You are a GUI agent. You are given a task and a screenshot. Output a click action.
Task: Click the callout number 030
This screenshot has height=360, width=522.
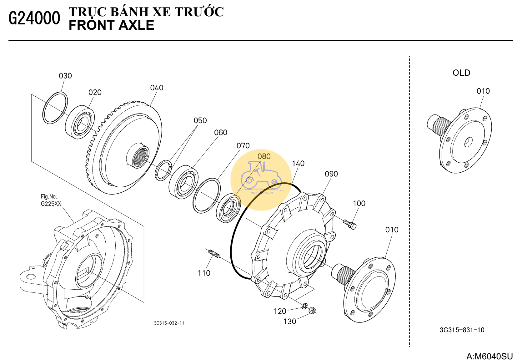tap(65, 76)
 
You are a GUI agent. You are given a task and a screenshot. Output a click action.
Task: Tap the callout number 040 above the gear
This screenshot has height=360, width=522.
tap(157, 88)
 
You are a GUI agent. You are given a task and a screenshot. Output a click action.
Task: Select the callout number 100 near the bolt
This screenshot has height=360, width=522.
tap(359, 203)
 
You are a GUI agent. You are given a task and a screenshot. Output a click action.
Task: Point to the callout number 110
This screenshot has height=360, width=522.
tap(204, 273)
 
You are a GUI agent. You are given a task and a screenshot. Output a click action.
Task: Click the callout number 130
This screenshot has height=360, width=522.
tap(290, 322)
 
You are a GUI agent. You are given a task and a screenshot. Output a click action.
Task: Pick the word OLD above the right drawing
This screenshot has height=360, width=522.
tap(461, 73)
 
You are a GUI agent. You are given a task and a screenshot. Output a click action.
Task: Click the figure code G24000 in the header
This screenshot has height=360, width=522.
tap(34, 18)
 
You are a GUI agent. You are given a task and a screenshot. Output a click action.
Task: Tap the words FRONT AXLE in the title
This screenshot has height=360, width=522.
tap(111, 25)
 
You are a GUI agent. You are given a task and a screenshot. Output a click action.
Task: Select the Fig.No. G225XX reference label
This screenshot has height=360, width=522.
tap(51, 200)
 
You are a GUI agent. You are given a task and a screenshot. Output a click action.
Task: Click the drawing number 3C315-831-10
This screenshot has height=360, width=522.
tap(462, 330)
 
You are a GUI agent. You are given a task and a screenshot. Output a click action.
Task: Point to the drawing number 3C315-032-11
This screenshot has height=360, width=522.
tap(169, 323)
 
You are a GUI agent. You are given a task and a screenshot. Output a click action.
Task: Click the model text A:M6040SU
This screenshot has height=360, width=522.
tap(489, 356)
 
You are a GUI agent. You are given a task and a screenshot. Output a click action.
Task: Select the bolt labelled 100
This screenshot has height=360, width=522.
tap(350, 224)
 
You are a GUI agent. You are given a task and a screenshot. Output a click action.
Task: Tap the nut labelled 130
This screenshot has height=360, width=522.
tap(312, 311)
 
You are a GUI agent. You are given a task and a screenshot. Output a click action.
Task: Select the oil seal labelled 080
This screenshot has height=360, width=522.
tap(228, 208)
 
